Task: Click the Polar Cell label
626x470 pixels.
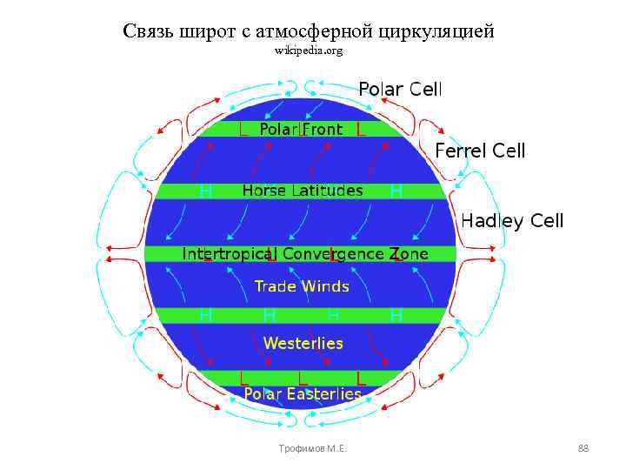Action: coord(400,90)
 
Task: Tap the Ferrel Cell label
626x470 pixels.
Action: coord(480,151)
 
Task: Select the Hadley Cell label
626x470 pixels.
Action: coord(512,221)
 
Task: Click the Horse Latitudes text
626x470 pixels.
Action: coord(302,191)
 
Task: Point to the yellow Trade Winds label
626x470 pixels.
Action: coord(301,286)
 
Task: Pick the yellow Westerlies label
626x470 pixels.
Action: coord(303,343)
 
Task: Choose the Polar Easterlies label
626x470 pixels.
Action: coord(302,394)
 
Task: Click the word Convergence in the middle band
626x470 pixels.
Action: coord(334,254)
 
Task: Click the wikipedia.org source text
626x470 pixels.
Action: coord(309,50)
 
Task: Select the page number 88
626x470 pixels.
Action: coord(583,448)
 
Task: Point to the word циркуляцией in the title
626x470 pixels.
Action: coord(436,31)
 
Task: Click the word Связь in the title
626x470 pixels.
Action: coord(150,31)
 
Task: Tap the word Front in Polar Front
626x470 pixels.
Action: coord(322,130)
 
